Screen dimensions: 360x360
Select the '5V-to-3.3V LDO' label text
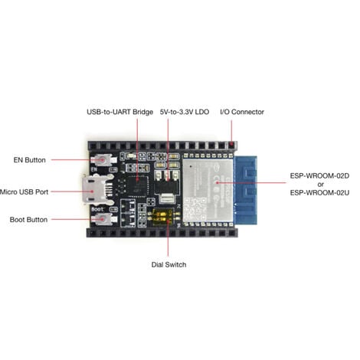pos(185,112)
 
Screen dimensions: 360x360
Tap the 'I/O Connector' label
pos(242,112)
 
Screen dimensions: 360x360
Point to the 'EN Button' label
pos(30,160)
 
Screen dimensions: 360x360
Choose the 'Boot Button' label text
pos(28,220)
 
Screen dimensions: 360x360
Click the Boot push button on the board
pos(100,220)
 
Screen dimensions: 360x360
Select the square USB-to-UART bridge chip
pos(138,184)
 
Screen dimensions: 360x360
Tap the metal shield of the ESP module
pos(208,188)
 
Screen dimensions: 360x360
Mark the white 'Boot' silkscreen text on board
pos(98,208)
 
